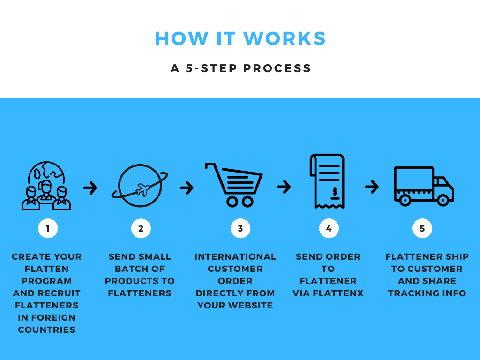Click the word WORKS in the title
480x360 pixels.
pos(285,38)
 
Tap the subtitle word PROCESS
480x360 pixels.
pos(277,68)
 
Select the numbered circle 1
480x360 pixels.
pos(48,228)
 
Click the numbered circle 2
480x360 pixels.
pos(141,228)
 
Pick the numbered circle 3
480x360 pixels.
pos(240,228)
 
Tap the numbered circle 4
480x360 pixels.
pos(329,228)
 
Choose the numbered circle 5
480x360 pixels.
pos(422,228)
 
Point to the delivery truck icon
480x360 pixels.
pos(424,186)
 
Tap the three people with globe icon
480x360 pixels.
pos(46,186)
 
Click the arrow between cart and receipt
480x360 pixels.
pos(284,187)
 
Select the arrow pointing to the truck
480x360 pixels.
pos(372,187)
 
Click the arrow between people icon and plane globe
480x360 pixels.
pos(90,187)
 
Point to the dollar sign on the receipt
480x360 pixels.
pos(335,192)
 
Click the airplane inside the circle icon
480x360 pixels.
pos(142,189)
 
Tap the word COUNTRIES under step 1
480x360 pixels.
pos(46,330)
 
